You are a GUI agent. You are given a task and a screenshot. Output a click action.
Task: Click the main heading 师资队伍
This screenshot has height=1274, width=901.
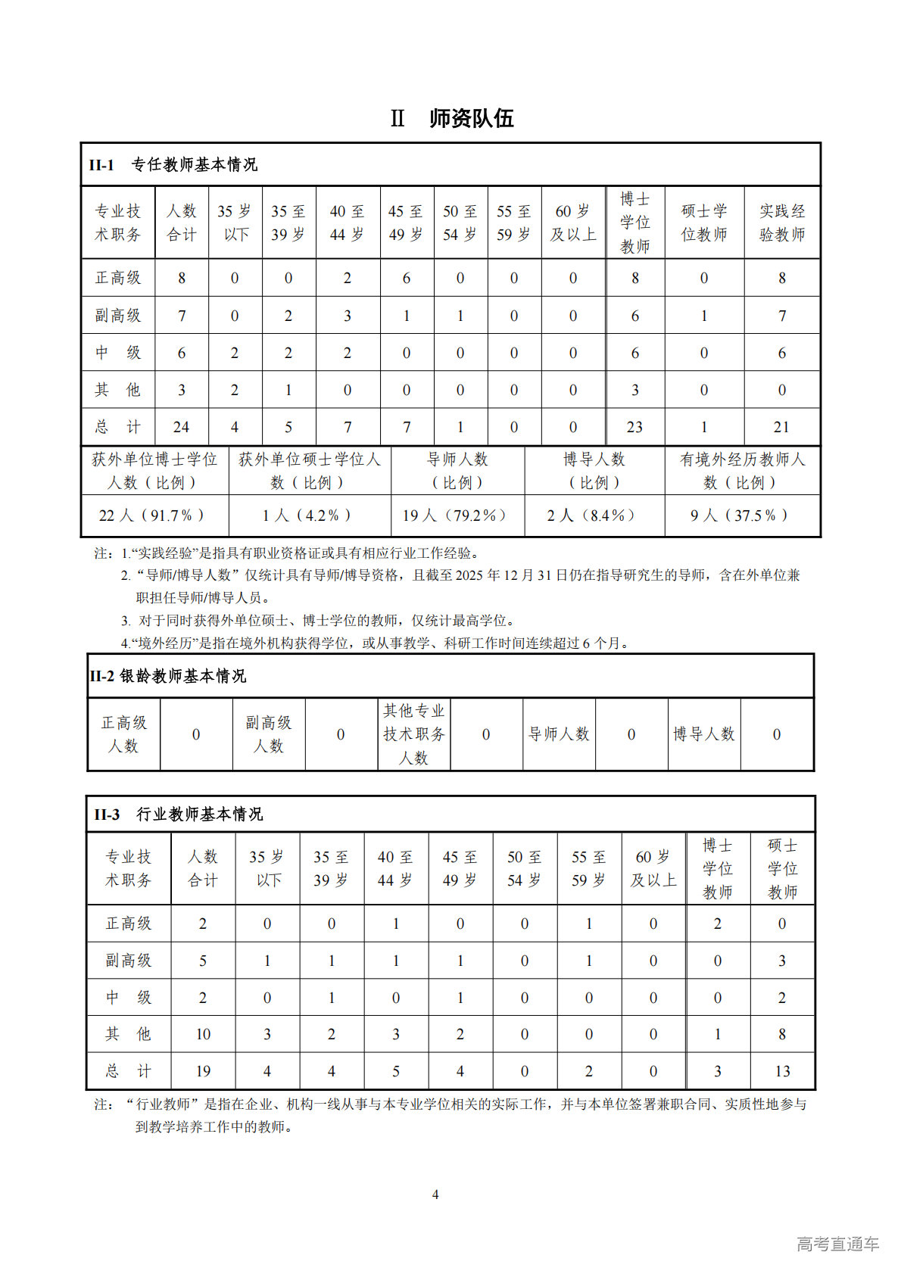pyautogui.click(x=471, y=119)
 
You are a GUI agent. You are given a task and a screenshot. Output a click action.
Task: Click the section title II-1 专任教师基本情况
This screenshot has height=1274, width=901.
pyautogui.click(x=173, y=164)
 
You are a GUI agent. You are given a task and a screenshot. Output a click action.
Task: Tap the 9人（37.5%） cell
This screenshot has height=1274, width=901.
pyautogui.click(x=740, y=516)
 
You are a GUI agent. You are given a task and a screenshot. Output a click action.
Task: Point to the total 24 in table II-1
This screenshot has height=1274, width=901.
pyautogui.click(x=181, y=427)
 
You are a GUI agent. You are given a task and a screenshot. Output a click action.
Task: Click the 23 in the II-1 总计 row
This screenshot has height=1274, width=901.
pyautogui.click(x=634, y=427)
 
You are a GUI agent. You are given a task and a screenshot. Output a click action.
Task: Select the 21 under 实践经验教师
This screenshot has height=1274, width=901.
pyautogui.click(x=781, y=427)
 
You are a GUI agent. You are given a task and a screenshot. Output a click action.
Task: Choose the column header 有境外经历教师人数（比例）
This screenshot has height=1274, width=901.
pyautogui.click(x=742, y=471)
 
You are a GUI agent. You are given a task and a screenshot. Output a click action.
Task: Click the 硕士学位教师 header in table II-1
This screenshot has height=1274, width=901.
pyautogui.click(x=704, y=223)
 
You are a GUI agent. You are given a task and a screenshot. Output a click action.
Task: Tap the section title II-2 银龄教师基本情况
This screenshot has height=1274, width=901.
pyautogui.click(x=168, y=676)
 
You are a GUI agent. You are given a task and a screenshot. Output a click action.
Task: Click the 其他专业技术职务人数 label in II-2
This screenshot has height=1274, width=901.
pyautogui.click(x=413, y=734)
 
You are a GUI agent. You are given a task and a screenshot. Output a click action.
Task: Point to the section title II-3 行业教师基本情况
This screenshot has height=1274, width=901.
pyautogui.click(x=179, y=815)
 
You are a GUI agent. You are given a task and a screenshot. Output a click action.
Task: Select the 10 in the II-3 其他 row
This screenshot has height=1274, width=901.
pyautogui.click(x=203, y=1034)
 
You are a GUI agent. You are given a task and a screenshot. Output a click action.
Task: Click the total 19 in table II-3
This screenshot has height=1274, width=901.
pyautogui.click(x=203, y=1071)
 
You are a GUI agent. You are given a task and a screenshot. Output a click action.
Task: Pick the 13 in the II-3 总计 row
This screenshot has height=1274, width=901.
pyautogui.click(x=782, y=1071)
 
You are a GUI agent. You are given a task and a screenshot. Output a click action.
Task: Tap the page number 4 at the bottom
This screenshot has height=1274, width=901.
pyautogui.click(x=435, y=1195)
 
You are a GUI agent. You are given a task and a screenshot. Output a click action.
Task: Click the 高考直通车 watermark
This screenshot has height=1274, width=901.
pyautogui.click(x=837, y=1244)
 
